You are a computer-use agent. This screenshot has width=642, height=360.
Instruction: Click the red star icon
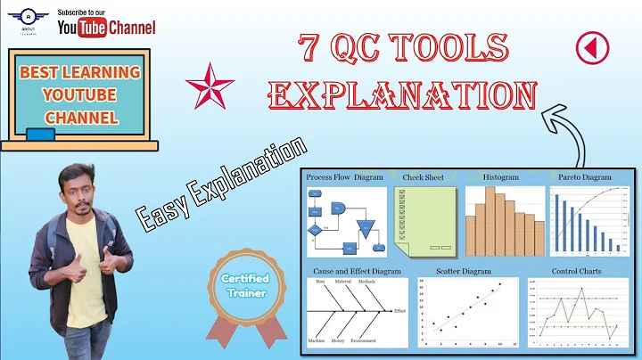click(210, 86)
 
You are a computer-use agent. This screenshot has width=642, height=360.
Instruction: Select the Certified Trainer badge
click(244, 286)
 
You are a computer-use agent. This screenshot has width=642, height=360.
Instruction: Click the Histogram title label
click(500, 177)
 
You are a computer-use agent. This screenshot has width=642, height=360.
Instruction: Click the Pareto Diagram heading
click(585, 177)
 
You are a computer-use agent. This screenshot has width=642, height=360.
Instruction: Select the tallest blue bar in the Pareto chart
click(558, 223)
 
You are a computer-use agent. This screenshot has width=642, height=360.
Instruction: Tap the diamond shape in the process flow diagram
click(315, 230)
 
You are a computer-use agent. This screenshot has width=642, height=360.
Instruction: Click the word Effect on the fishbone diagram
click(399, 311)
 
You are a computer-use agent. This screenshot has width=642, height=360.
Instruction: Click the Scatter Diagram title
click(464, 271)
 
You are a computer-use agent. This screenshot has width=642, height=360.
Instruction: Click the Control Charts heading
click(577, 271)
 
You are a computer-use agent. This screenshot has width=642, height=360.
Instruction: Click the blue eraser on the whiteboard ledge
click(39, 135)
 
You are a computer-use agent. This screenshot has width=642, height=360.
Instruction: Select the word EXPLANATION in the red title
click(403, 94)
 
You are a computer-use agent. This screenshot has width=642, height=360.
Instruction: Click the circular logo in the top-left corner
click(31, 20)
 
